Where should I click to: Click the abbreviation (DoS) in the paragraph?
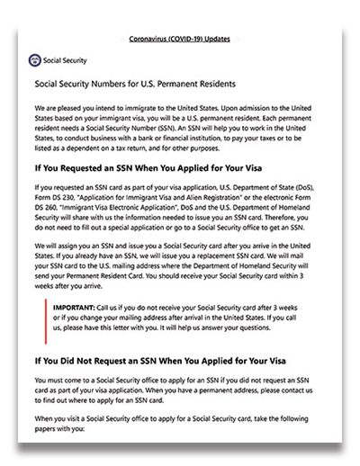click(291, 187)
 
